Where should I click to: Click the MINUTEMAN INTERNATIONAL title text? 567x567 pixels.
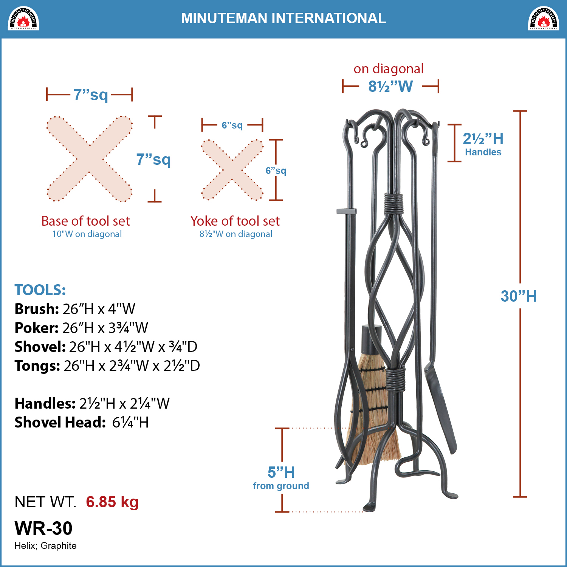click(x=283, y=18)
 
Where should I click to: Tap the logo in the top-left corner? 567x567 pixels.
click(x=23, y=19)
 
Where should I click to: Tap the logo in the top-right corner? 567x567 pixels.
click(x=544, y=19)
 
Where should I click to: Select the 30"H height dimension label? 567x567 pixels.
click(x=519, y=296)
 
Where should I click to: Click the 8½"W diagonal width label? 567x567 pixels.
click(x=390, y=87)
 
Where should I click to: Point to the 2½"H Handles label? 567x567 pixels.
click(x=483, y=144)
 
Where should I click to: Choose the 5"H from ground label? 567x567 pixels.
click(x=281, y=478)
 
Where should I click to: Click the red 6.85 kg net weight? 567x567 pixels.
click(x=112, y=502)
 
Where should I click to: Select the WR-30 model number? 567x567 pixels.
click(x=43, y=528)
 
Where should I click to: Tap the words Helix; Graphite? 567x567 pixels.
click(x=45, y=546)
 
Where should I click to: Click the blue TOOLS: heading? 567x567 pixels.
click(x=40, y=290)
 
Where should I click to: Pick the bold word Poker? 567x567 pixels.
click(x=36, y=328)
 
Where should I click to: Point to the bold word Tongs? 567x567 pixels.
click(x=37, y=366)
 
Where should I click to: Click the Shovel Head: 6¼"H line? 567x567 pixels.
click(x=82, y=422)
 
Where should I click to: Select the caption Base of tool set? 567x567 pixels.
click(x=85, y=221)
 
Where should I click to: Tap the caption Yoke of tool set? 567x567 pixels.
click(x=235, y=221)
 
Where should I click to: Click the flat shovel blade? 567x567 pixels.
click(x=440, y=408)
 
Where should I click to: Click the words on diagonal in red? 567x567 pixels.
click(x=389, y=69)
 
